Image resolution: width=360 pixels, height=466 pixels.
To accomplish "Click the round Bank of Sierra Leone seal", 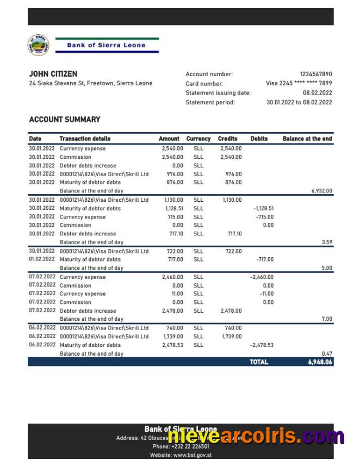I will pyautogui.click(x=38, y=45).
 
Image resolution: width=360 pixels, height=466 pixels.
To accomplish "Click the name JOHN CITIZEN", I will pyautogui.click(x=53, y=74).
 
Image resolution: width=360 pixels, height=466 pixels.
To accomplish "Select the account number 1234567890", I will pyautogui.click(x=315, y=74).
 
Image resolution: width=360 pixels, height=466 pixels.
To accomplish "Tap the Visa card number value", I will pyautogui.click(x=299, y=84).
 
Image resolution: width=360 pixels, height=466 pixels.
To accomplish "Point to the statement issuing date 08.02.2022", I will pyautogui.click(x=317, y=93).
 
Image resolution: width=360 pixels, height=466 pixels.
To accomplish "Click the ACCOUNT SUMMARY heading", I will pyautogui.click(x=64, y=120).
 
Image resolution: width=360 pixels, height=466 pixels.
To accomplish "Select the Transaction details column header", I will pyautogui.click(x=84, y=139).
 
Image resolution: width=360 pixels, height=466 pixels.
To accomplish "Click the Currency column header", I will pyautogui.click(x=198, y=139).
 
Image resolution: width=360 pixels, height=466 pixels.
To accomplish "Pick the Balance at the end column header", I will pyautogui.click(x=307, y=139).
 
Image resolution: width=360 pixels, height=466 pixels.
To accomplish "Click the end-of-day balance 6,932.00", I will pyautogui.click(x=321, y=191).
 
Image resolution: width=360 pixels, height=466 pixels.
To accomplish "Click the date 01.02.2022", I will pyautogui.click(x=42, y=259).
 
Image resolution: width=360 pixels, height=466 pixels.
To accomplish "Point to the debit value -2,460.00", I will pyautogui.click(x=262, y=277).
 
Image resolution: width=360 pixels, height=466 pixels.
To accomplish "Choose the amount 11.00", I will pyautogui.click(x=177, y=294).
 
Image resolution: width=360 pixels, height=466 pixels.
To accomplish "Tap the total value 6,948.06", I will pyautogui.click(x=320, y=362).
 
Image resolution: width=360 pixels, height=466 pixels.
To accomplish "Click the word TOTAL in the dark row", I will pyautogui.click(x=259, y=362).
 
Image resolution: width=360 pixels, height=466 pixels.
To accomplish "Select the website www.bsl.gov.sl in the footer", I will pyautogui.click(x=181, y=455).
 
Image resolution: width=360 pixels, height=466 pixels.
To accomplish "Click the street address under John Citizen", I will pyautogui.click(x=90, y=84).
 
